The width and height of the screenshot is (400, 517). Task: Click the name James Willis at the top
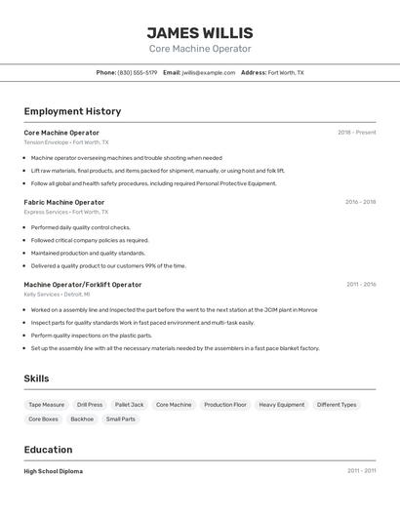click(x=199, y=33)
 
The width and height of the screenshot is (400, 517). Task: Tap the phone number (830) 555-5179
click(x=138, y=72)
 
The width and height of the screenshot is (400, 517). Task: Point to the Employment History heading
click(x=72, y=111)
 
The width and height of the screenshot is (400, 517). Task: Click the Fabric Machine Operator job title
click(x=64, y=202)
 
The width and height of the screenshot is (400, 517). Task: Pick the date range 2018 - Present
click(x=356, y=133)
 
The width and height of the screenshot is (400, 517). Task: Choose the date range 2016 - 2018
click(x=360, y=202)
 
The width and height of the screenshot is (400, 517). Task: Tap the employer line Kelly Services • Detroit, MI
click(x=57, y=294)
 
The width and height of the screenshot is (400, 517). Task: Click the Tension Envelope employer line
click(x=66, y=142)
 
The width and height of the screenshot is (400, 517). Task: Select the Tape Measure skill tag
click(x=46, y=404)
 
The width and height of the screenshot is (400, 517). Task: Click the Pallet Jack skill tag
click(x=129, y=404)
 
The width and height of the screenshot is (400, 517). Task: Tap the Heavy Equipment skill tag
click(x=281, y=404)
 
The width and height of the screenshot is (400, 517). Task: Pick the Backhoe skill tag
click(x=82, y=419)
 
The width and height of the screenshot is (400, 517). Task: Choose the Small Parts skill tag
click(x=121, y=419)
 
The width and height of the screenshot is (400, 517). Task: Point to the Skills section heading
click(x=36, y=378)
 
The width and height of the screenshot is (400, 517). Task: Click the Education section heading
click(x=48, y=450)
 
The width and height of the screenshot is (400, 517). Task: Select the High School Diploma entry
click(x=54, y=471)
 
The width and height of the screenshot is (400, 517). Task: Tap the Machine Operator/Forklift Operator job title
click(x=83, y=285)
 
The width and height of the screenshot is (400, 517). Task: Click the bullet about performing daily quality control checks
click(x=80, y=227)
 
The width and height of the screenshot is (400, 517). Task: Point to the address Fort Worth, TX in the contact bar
click(x=286, y=72)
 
